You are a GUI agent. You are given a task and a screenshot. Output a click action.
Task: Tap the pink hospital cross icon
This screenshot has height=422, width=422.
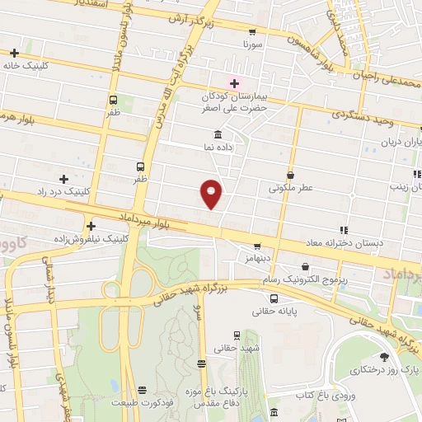[x=233, y=82]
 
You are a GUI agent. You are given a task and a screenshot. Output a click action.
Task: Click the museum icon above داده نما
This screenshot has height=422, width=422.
[x=218, y=134]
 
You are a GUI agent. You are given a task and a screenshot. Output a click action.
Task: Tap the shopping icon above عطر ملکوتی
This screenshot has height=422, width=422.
[x=290, y=175]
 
